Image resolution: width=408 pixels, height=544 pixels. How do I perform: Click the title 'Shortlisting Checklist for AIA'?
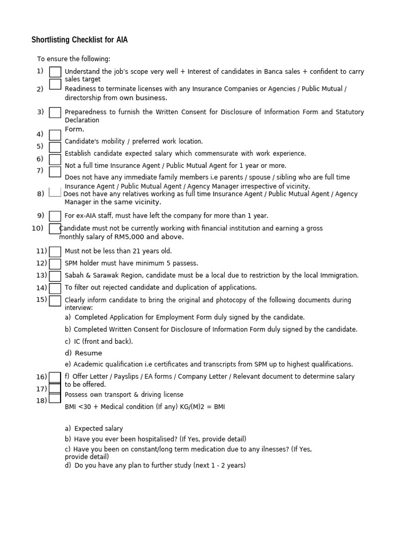[79, 40]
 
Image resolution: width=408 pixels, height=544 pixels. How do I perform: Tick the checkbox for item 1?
[55, 72]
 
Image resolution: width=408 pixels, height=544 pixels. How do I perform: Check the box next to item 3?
[55, 113]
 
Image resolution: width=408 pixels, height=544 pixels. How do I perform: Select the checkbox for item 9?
[55, 216]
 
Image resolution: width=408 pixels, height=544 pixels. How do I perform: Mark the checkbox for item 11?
[55, 252]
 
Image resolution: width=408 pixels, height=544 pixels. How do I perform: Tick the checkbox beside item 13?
[55, 276]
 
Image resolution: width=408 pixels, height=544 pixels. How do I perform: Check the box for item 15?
[55, 301]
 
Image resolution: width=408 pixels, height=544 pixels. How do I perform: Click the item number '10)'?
[38, 228]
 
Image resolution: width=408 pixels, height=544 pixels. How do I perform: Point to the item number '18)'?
[41, 401]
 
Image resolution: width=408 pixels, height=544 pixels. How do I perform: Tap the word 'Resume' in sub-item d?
[88, 353]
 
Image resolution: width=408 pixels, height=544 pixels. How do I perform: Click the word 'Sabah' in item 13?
[74, 276]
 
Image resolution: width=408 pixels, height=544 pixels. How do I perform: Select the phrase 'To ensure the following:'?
[74, 59]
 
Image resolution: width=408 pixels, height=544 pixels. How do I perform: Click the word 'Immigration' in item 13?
[338, 276]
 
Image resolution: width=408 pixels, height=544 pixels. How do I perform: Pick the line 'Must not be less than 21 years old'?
[118, 251]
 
